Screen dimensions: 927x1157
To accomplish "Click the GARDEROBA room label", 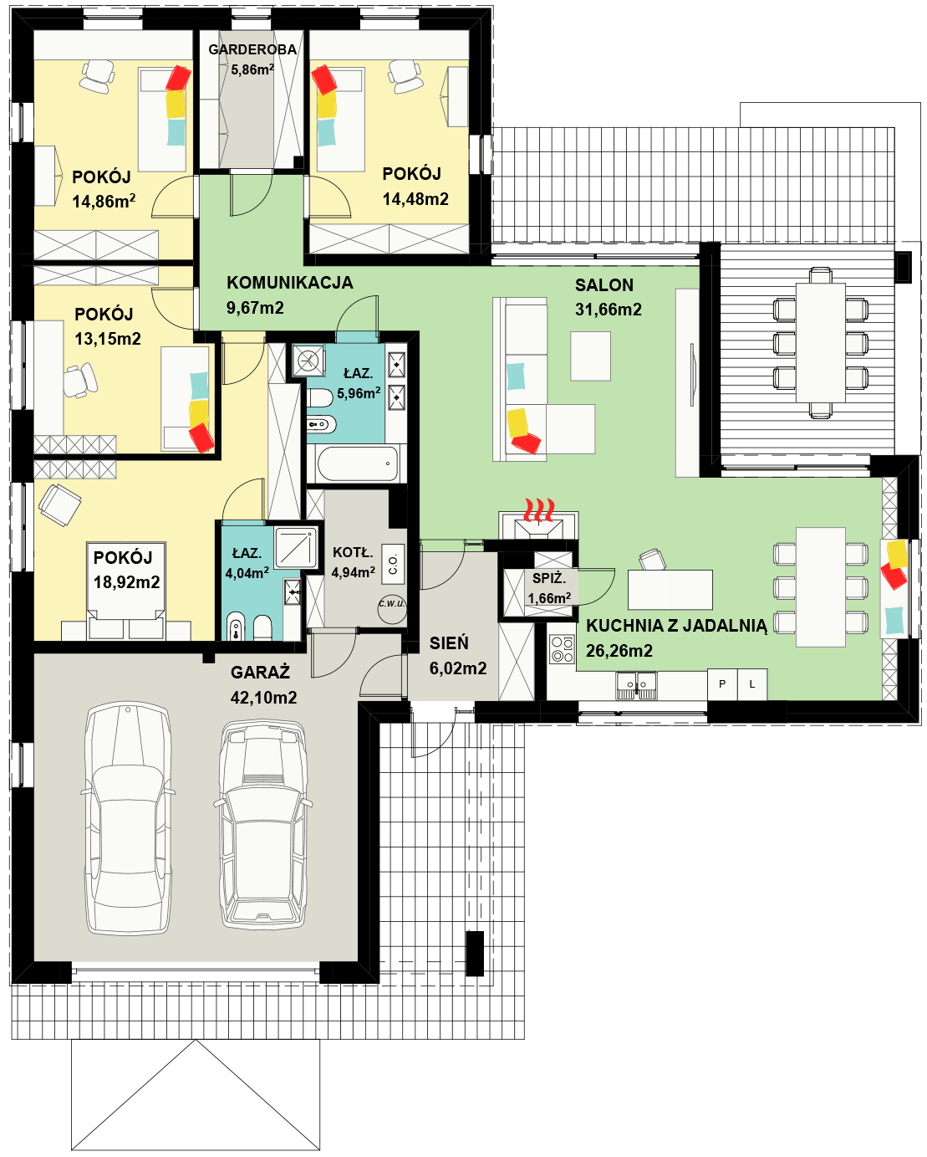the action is tap(252, 49).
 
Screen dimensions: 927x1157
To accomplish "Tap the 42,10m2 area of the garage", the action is tap(263, 698).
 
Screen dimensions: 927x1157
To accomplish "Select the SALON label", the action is tap(604, 285).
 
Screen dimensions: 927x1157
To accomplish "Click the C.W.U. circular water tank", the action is tap(392, 608).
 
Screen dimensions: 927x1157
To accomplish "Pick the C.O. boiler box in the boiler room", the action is tap(393, 564).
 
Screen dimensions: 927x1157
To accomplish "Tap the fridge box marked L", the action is tap(751, 683).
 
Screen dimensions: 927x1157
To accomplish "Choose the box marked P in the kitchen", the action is tap(722, 683).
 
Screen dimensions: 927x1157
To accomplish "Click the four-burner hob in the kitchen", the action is tap(562, 649).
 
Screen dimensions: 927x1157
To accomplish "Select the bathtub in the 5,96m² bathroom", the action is tap(358, 463).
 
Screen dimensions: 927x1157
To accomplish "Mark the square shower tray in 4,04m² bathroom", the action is tap(296, 547).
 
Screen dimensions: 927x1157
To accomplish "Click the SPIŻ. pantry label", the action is tap(548, 579).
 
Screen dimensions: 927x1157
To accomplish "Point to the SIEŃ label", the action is tap(449, 643).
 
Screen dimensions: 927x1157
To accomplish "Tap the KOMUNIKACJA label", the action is tap(290, 282).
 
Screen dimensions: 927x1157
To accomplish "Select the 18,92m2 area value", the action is tap(127, 581).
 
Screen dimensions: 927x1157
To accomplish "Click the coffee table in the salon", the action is tap(590, 356).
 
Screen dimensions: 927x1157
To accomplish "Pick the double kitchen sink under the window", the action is tap(636, 685).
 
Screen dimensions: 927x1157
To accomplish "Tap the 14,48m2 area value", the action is tap(415, 199).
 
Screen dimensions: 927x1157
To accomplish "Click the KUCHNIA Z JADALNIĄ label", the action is tap(676, 626).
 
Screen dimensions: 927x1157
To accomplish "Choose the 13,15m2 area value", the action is tap(108, 339).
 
